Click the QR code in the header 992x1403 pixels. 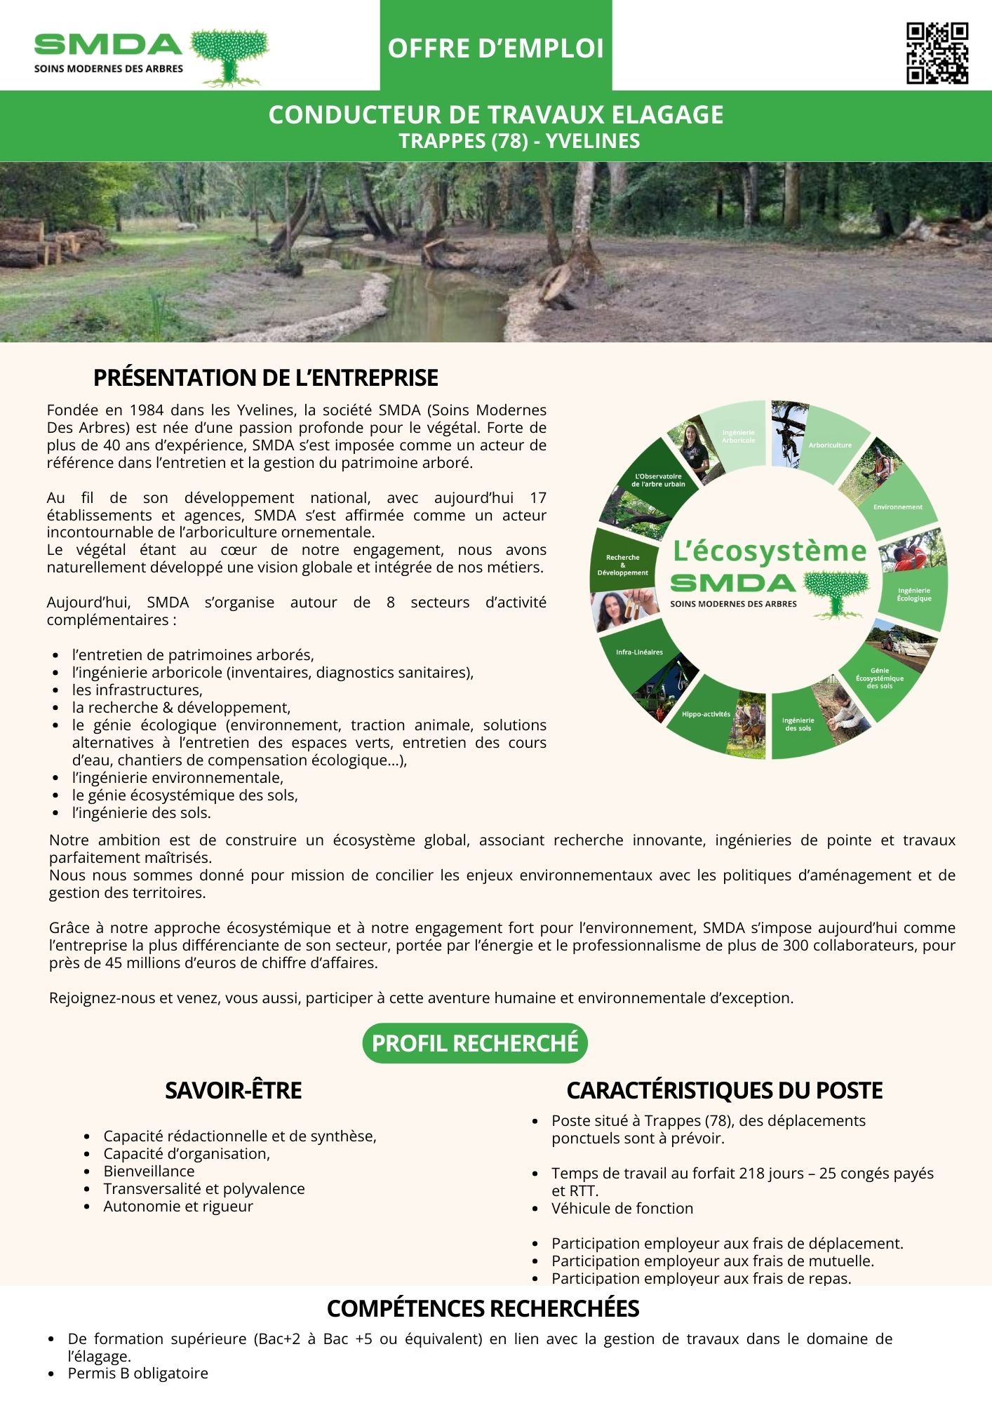[937, 53]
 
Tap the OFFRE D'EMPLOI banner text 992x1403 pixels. [495, 48]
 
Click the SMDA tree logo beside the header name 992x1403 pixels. [230, 56]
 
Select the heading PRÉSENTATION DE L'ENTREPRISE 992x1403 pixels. [265, 377]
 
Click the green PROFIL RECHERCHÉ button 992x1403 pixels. [475, 1043]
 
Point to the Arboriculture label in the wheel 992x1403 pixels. [830, 445]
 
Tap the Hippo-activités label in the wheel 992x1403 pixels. [706, 714]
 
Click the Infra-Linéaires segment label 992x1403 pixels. [639, 652]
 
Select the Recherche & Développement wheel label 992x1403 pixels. [623, 565]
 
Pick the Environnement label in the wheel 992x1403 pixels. [897, 506]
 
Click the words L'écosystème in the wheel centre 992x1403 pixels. [770, 551]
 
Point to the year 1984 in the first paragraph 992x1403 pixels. [147, 410]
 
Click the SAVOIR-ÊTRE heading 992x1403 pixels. [233, 1090]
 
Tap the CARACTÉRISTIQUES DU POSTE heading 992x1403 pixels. [724, 1090]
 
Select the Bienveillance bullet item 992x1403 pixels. [149, 1171]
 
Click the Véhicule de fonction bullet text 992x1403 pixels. [622, 1208]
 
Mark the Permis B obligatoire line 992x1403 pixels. [138, 1373]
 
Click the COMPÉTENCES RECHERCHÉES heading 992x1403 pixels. [483, 1308]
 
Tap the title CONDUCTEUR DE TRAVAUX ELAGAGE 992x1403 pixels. [495, 114]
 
